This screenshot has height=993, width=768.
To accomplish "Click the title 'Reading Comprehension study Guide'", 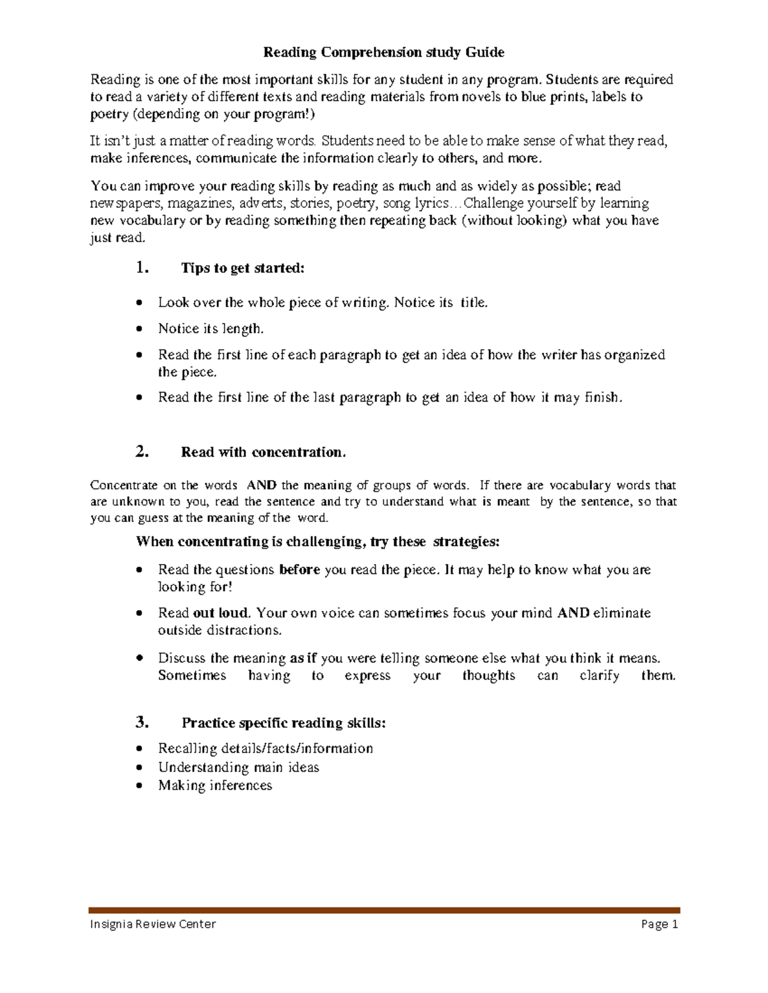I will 384,52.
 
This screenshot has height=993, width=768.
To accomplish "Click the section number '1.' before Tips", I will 143,268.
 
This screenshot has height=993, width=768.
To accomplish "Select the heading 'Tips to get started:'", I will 243,269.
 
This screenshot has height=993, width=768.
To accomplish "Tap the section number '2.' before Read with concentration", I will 143,452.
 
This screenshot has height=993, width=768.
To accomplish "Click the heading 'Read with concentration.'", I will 263,453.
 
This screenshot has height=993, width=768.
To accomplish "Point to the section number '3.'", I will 143,723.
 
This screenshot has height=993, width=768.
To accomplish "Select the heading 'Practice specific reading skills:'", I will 284,723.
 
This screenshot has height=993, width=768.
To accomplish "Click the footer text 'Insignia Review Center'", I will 153,924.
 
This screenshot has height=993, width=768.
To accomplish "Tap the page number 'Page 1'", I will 657,924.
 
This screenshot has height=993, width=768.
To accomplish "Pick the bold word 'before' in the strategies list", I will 300,570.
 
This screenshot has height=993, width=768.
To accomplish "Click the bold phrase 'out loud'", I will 220,613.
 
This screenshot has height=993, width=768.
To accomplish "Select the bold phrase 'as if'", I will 303,658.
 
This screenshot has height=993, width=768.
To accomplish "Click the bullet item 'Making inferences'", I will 215,785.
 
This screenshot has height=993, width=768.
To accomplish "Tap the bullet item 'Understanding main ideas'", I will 238,767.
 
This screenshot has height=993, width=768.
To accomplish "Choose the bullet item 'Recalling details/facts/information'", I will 265,748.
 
